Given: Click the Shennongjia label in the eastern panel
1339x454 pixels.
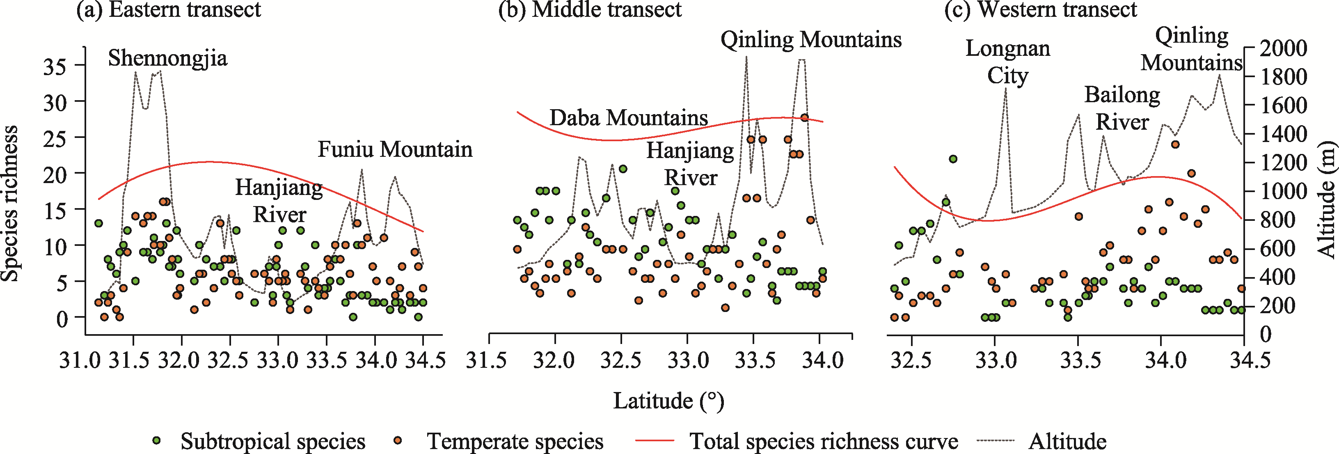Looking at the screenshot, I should point(167,58).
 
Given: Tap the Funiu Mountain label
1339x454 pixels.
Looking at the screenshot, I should point(395,149).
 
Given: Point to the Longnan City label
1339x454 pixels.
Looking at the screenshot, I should point(1007,62).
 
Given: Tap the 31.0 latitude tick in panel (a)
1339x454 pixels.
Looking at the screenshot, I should point(78,360).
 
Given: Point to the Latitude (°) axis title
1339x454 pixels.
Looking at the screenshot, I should point(668,401).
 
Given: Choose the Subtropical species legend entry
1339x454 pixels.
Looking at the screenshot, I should point(272,441).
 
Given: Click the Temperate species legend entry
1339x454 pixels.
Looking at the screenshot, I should point(515,441).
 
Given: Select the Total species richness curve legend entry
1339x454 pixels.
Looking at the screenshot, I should point(823,441).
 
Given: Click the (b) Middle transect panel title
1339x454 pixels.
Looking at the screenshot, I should point(589,9).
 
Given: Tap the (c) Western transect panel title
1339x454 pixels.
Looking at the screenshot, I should point(1041,9).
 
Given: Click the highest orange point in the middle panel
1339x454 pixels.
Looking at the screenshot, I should point(805,117).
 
